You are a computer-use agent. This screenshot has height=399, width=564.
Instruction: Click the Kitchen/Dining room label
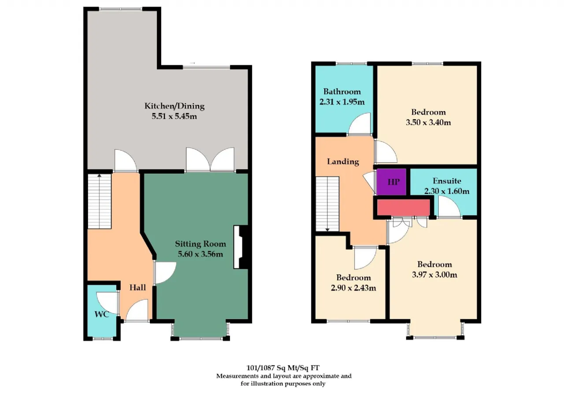coord(174,106)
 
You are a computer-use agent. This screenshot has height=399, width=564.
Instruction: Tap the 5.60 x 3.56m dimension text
coord(200,254)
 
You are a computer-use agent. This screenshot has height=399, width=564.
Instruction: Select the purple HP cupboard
coord(391,182)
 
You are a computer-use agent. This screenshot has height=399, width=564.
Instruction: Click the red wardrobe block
coord(403,207)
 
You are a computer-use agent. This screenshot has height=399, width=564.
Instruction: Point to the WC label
coord(102,314)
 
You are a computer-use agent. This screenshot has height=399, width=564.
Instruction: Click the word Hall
coord(138,287)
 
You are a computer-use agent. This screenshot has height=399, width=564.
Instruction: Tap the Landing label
coord(343,161)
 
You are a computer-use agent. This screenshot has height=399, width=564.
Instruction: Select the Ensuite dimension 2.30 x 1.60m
coord(447,191)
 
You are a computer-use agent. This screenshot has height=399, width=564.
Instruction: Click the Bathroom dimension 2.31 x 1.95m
coord(342,102)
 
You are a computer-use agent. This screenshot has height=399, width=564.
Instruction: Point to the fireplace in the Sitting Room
coord(241,247)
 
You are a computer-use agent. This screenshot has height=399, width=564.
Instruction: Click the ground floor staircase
coord(100,201)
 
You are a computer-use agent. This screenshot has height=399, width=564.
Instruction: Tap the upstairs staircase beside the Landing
coord(327,204)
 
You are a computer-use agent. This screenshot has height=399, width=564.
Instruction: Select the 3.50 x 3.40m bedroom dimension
coord(428,123)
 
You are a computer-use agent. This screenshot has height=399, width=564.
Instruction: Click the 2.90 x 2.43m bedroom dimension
coord(353,287)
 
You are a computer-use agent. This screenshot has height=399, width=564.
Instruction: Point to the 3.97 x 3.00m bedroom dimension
coord(434,275)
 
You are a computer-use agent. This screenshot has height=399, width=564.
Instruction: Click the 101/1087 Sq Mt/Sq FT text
coord(283,368)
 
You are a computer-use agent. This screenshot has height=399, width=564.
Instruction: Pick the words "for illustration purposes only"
coord(283,384)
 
